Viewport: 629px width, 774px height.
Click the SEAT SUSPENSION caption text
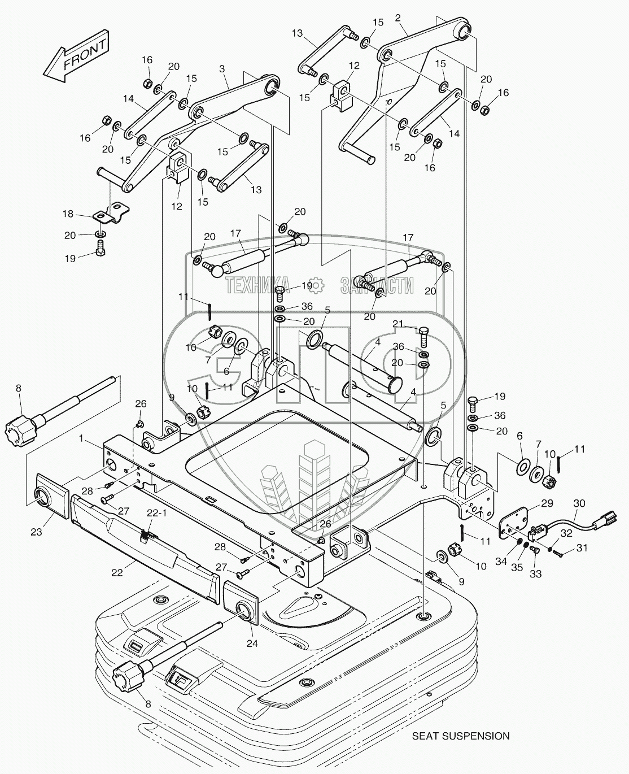461,736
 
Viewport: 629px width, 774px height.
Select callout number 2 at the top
398,18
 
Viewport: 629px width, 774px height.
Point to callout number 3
222,68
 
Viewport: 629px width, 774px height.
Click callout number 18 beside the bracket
68,214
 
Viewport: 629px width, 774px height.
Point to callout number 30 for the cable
579,502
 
